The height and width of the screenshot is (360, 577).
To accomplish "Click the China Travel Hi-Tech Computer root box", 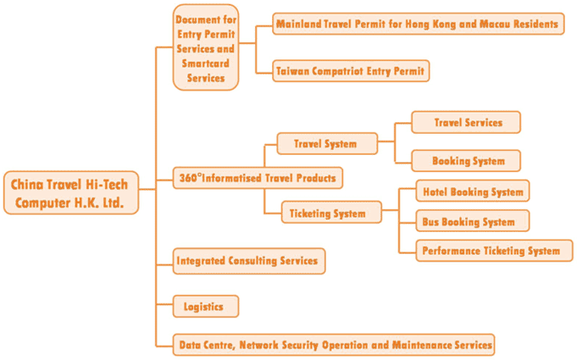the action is (71, 192).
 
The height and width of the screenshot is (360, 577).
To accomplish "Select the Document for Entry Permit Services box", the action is (206, 47).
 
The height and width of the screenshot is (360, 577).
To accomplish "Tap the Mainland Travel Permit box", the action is (419, 25).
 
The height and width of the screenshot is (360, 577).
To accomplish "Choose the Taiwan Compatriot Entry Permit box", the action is (351, 71).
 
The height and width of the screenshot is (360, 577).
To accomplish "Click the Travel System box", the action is (327, 144).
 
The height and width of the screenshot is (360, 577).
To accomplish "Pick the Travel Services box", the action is (466, 123).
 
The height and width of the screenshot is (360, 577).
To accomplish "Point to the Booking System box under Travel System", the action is (466, 161).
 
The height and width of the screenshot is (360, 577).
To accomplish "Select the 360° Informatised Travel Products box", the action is (258, 179).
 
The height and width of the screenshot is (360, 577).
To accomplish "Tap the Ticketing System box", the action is (331, 212).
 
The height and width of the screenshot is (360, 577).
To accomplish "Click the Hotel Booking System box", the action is (473, 191).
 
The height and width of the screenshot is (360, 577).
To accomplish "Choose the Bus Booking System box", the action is (473, 221).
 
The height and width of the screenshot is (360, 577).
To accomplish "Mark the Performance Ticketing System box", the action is (494, 251).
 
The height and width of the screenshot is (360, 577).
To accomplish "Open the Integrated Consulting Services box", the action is (249, 261).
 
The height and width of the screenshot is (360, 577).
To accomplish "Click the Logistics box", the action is (206, 307).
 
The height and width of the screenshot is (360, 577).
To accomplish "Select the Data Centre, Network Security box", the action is (334, 345).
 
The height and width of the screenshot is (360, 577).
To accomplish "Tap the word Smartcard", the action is (206, 64).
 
